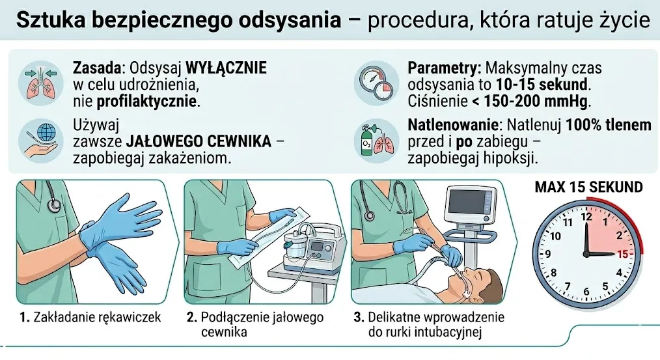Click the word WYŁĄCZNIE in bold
pyautogui.click(x=226, y=68)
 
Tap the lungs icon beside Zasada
pyautogui.click(x=41, y=83)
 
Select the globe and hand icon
pyautogui.click(x=41, y=141)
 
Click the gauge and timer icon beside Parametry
pyautogui.click(x=376, y=83)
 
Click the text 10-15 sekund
pyautogui.click(x=542, y=84)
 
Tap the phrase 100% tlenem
pyautogui.click(x=608, y=125)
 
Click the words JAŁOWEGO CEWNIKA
pyautogui.click(x=199, y=141)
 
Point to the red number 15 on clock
pyautogui.click(x=622, y=254)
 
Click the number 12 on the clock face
pyautogui.click(x=586, y=217)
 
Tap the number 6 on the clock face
pyautogui.click(x=586, y=292)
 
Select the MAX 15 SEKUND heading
pyautogui.click(x=588, y=187)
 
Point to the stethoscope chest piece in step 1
pyautogui.click(x=54, y=205)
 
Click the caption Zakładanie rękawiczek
pyautogui.click(x=97, y=317)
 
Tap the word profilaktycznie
pyautogui.click(x=147, y=102)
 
